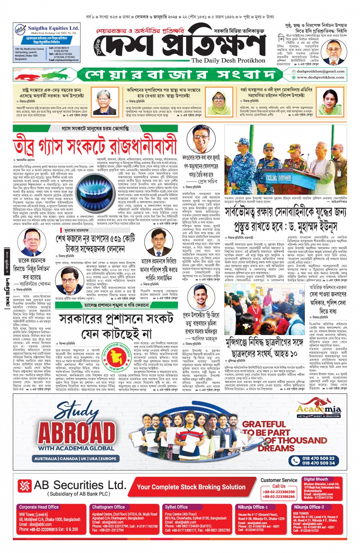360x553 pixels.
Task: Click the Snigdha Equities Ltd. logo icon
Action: point(20,29)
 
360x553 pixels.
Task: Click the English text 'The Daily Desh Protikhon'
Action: point(228,61)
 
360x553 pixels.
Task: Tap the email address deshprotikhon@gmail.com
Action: point(320,71)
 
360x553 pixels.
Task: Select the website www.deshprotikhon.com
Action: point(320,77)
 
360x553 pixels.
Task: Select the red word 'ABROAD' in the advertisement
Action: point(77,433)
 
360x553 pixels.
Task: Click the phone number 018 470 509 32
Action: point(318,458)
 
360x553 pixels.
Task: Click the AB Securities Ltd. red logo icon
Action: point(25,486)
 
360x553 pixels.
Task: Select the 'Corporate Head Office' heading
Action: point(39,507)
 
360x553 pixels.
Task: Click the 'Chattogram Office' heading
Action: point(109,507)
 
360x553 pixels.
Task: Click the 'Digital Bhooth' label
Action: point(316,479)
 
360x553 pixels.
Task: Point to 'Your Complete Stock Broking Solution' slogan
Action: point(191,487)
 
